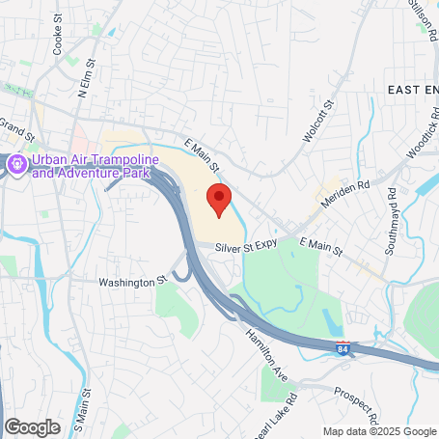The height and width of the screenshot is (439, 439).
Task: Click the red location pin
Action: (x=219, y=198)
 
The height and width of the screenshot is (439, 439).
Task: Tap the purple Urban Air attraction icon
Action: (x=16, y=165)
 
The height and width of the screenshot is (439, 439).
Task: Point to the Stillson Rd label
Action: (x=423, y=21)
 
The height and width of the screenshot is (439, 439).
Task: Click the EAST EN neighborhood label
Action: (x=412, y=89)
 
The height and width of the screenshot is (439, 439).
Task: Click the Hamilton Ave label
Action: (x=267, y=348)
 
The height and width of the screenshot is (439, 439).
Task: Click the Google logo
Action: (x=32, y=426)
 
